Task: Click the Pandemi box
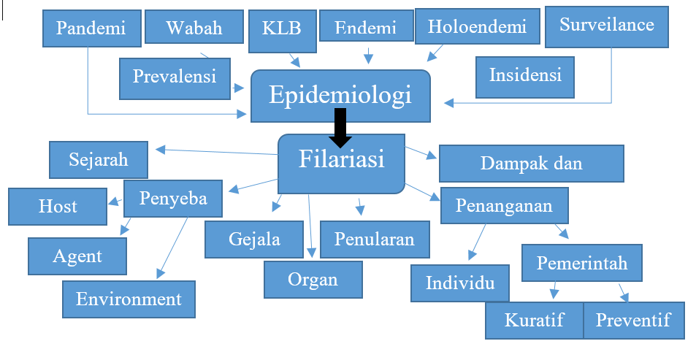91,28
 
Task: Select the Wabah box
194,28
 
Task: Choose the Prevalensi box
175,77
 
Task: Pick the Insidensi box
525,75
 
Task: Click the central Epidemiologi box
340,95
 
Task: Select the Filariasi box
341,162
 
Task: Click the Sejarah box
99,159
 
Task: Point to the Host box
58,206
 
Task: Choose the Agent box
77,256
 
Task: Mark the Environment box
129,299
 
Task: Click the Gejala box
254,240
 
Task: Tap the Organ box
313,279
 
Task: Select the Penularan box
374,240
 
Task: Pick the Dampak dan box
531,163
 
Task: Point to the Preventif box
633,320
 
